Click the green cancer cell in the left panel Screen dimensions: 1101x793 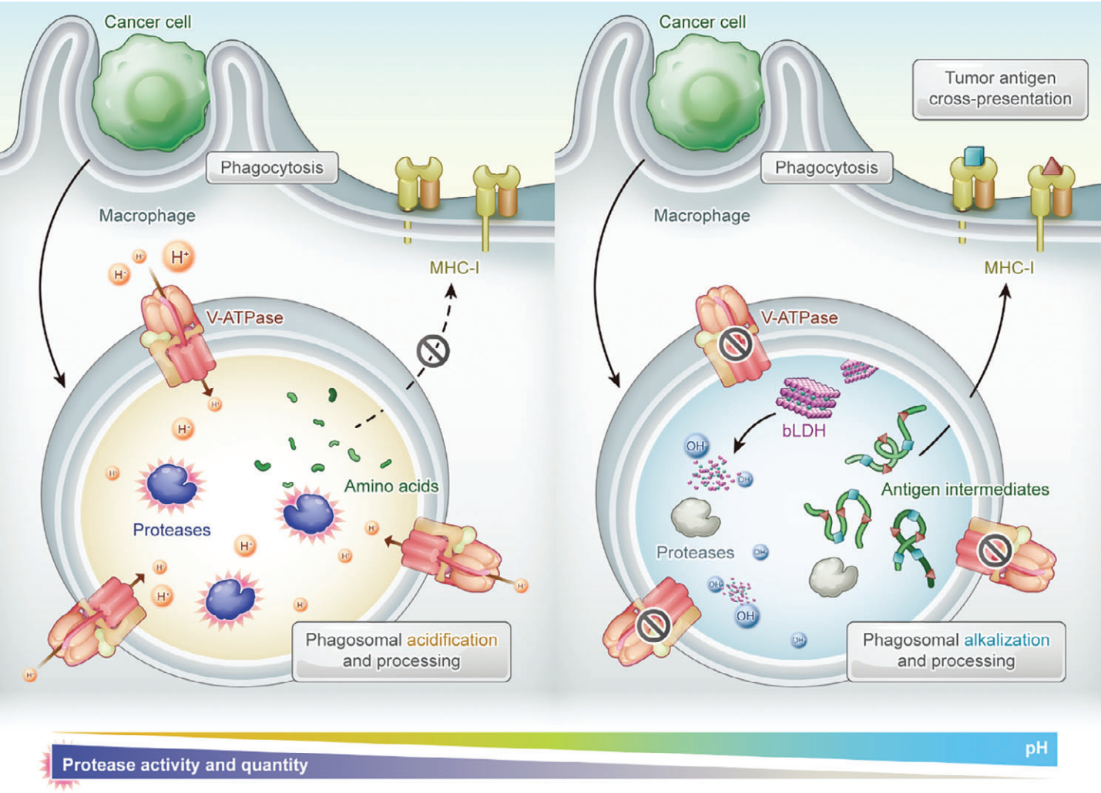pos(151,92)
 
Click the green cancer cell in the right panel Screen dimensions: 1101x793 pos(705,92)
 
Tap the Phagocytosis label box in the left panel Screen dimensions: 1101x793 pos(272,167)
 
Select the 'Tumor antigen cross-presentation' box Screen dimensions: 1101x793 pos(1000,89)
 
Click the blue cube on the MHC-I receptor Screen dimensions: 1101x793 pos(974,156)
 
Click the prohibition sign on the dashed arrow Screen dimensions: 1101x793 pos(433,351)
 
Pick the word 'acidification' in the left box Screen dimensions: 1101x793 pos(452,640)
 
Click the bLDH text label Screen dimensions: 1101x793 pos(804,430)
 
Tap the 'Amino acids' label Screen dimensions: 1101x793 pos(391,486)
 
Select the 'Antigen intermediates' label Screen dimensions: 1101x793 pos(965,489)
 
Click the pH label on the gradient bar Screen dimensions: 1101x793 pos(1036,748)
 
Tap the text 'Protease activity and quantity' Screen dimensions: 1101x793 pos(185,765)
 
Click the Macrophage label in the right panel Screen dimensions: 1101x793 pos(702,215)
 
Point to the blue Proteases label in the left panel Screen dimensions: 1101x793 pos(172,530)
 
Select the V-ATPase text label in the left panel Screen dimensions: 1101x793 pos(245,318)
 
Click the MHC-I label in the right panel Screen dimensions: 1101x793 pos(1009,268)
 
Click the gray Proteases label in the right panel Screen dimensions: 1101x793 pos(695,552)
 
